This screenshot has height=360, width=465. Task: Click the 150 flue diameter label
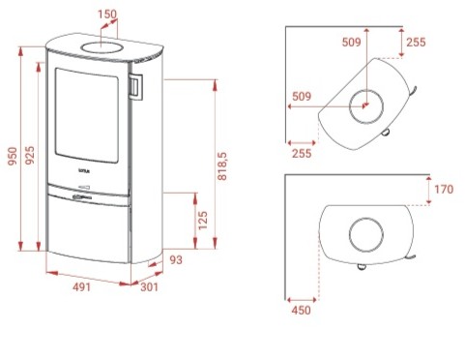[x=107, y=15]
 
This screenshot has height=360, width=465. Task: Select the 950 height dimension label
[x=13, y=156]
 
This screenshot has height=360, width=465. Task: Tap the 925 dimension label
[x=30, y=155]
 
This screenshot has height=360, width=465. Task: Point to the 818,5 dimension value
[x=222, y=166]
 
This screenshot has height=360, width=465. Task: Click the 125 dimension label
[x=203, y=221]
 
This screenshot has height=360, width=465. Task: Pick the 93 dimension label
[x=176, y=260]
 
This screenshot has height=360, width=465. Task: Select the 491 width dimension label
[x=81, y=286]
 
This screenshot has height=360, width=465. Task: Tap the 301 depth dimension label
[x=150, y=286]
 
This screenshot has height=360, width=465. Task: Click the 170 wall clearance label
[x=444, y=190]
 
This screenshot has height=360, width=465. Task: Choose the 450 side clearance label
[x=302, y=311]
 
